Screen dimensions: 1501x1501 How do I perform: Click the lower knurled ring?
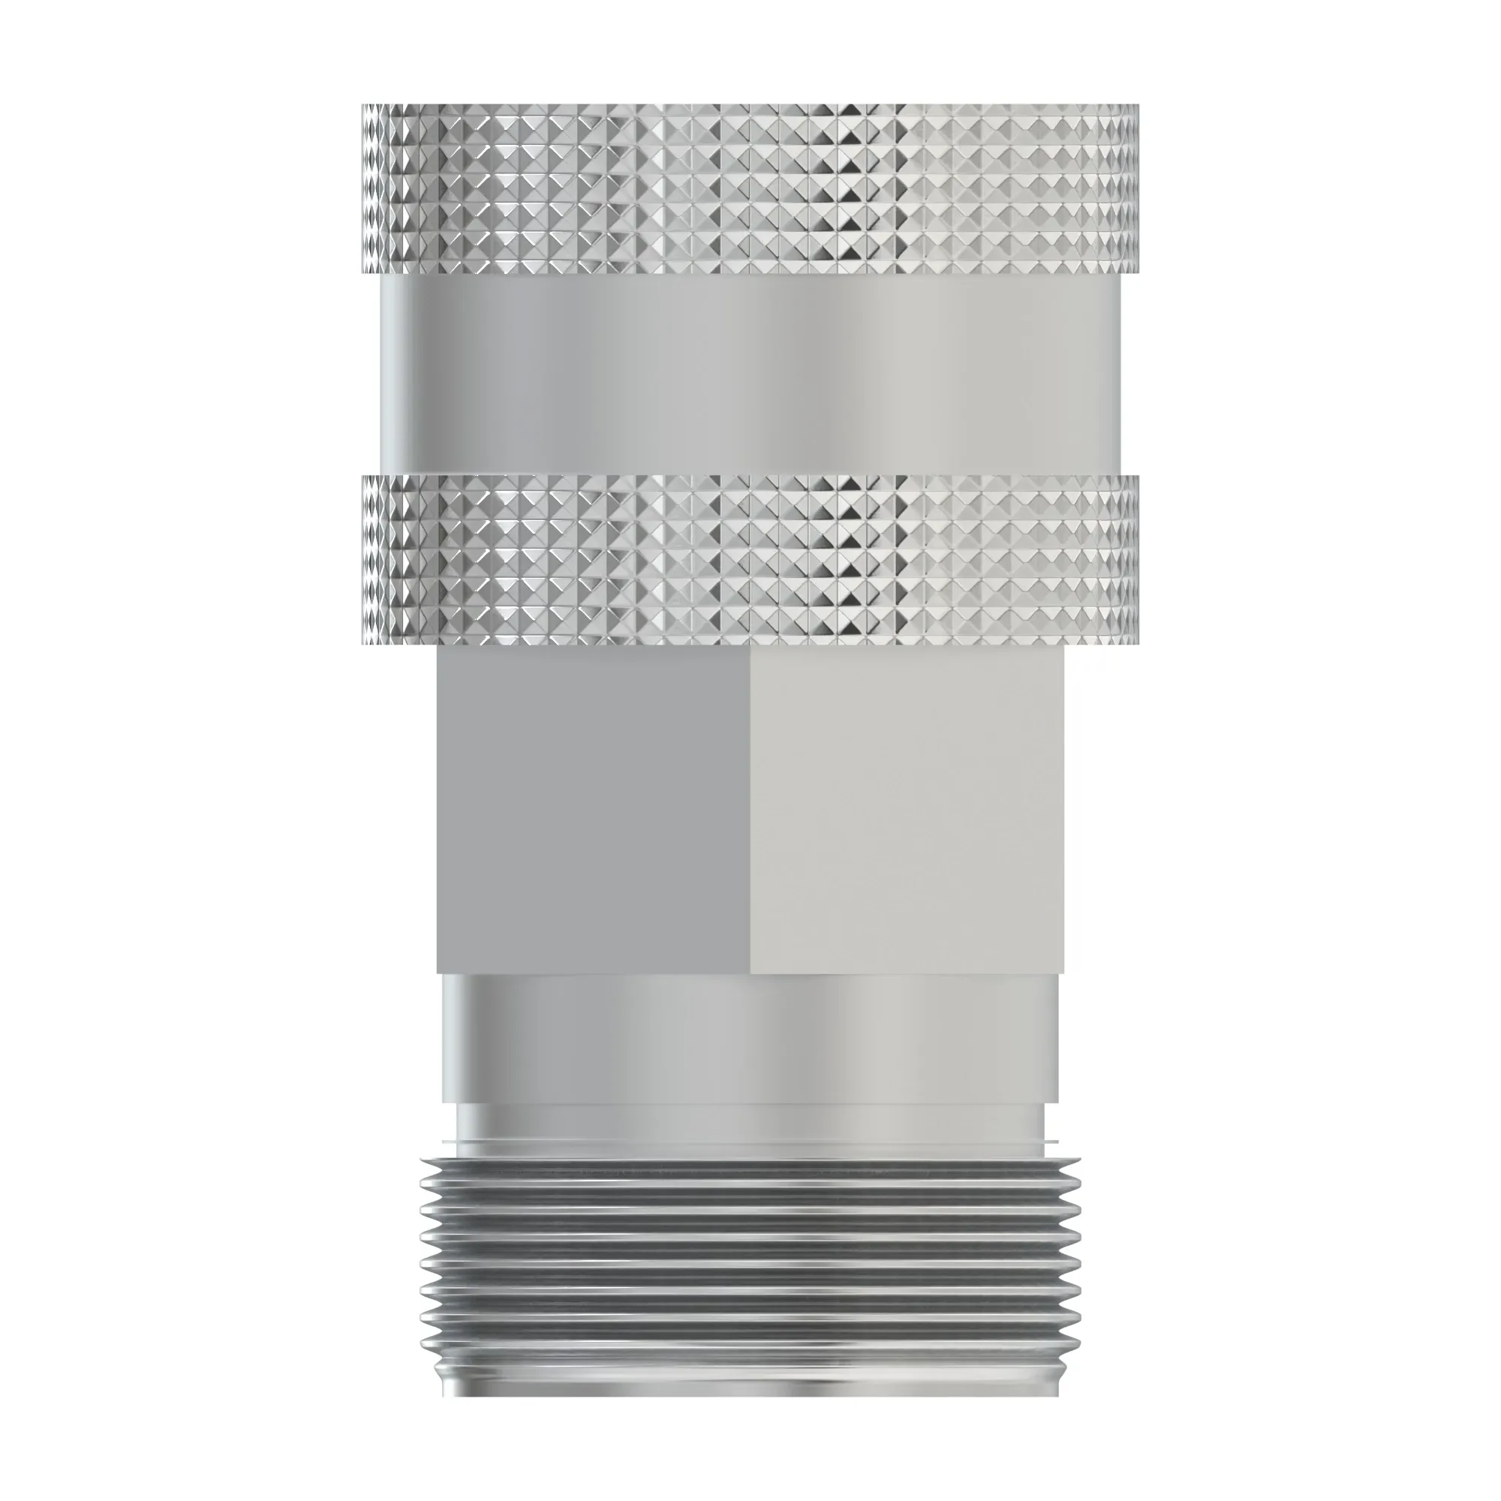point(750,560)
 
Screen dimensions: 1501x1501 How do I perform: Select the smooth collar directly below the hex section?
point(750,1037)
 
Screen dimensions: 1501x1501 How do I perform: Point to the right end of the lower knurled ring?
point(1135,560)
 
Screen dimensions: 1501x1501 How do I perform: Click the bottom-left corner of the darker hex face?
point(439,971)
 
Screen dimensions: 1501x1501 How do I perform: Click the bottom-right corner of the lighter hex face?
point(1062,971)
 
